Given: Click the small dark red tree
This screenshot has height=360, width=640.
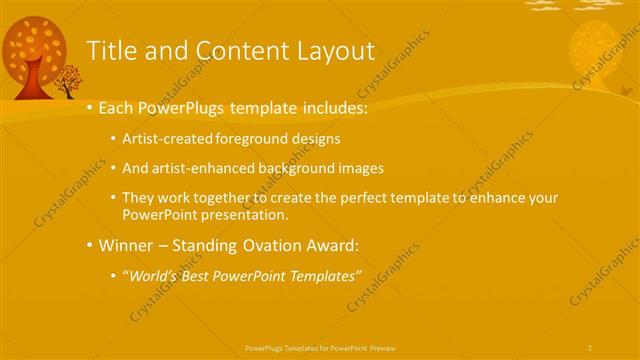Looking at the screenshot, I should coord(69,80).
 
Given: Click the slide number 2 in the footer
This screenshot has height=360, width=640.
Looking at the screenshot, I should coord(590,347).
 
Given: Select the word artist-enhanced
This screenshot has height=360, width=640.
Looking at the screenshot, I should coord(204,168).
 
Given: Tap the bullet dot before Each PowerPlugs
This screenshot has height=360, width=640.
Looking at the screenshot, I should coord(90,106).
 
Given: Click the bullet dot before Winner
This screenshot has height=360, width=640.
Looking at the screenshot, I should coord(90,245).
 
